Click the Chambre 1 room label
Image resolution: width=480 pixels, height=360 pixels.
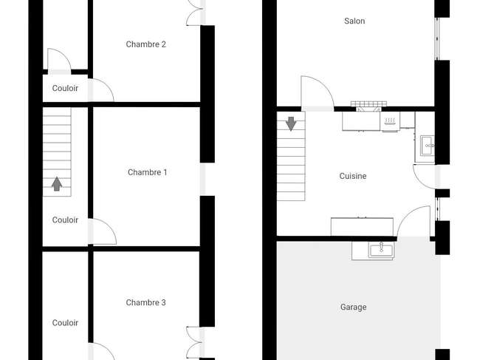click(147, 172)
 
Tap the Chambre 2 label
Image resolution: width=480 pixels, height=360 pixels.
click(145, 44)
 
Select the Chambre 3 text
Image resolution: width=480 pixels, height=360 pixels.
click(145, 302)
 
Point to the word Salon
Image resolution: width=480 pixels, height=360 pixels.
click(354, 21)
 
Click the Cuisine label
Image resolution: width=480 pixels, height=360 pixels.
click(353, 176)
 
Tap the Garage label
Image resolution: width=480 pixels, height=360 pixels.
click(353, 307)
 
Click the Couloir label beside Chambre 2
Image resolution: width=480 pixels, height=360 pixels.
click(65, 88)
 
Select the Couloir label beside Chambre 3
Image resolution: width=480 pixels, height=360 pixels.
click(65, 322)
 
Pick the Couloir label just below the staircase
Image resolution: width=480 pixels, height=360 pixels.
click(65, 220)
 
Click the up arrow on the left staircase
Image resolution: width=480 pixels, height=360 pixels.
click(57, 184)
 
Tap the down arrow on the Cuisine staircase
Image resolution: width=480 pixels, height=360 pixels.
click(291, 123)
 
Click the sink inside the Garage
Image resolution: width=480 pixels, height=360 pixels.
click(382, 251)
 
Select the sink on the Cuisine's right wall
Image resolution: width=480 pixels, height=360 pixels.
click(428, 146)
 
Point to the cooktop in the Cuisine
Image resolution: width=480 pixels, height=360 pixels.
click(390, 121)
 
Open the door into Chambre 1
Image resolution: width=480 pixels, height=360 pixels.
click(102, 231)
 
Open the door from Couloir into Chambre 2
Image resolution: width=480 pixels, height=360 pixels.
click(101, 90)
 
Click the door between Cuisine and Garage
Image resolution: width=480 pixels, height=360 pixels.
click(414, 221)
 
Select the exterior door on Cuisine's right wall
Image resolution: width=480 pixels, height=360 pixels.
click(425, 177)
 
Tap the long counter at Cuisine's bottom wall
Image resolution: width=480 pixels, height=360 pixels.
click(362, 227)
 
